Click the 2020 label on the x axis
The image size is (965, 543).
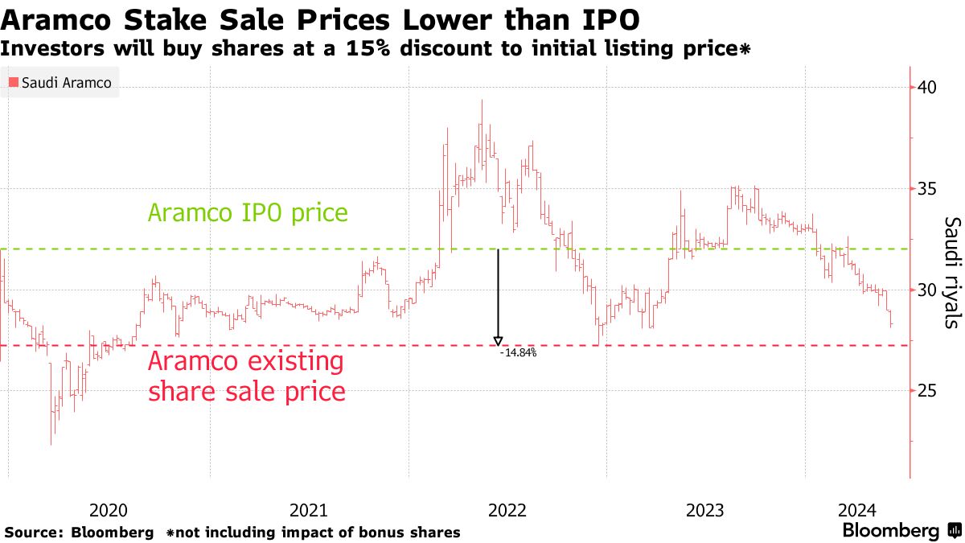pyautogui.click(x=109, y=510)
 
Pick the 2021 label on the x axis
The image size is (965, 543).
pyautogui.click(x=308, y=510)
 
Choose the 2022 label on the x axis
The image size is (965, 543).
pyautogui.click(x=507, y=510)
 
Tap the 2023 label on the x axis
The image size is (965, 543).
pyautogui.click(x=705, y=510)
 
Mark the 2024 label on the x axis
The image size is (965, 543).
pyautogui.click(x=856, y=510)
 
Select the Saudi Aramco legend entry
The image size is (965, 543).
pyautogui.click(x=60, y=82)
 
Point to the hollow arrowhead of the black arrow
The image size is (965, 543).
pyautogui.click(x=498, y=340)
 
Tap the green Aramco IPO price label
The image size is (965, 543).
pyautogui.click(x=248, y=213)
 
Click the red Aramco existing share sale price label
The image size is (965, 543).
pyautogui.click(x=247, y=376)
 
